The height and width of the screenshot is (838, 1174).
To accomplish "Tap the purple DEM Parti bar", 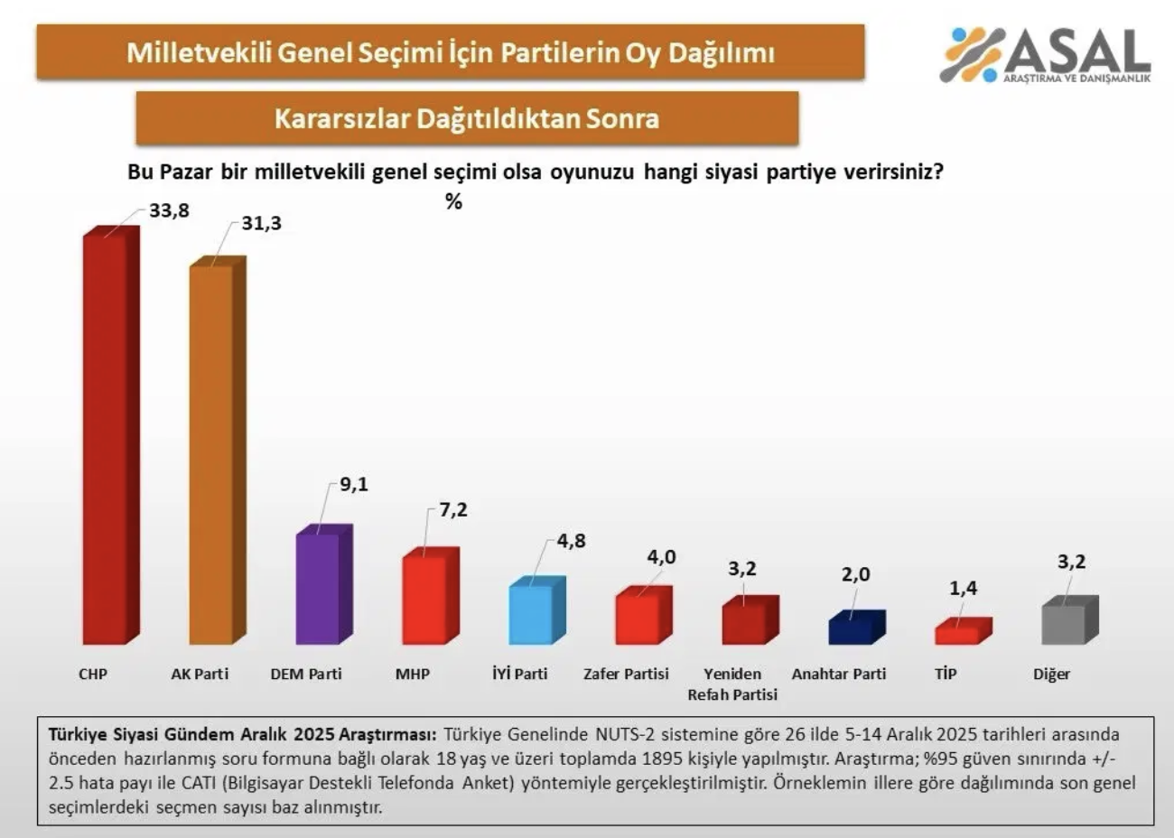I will [319, 587].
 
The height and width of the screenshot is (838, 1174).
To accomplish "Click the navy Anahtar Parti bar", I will [852, 629].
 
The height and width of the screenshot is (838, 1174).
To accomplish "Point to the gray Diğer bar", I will [1065, 622].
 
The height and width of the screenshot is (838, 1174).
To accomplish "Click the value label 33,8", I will [169, 211].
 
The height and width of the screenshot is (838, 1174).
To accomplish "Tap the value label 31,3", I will [261, 223].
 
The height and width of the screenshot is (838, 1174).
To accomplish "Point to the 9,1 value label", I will [354, 485].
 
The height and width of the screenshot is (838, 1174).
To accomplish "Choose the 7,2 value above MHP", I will [453, 510].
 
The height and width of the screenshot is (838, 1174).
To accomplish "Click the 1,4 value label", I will [963, 588].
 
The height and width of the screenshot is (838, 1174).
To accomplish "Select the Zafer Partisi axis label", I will [626, 674].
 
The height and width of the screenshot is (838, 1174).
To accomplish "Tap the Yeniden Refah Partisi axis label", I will [732, 684].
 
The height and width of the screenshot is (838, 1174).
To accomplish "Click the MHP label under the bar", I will [413, 674].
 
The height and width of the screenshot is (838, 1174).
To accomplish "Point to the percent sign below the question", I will [453, 202].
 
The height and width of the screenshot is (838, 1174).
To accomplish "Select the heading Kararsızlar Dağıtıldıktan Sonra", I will [467, 118].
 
